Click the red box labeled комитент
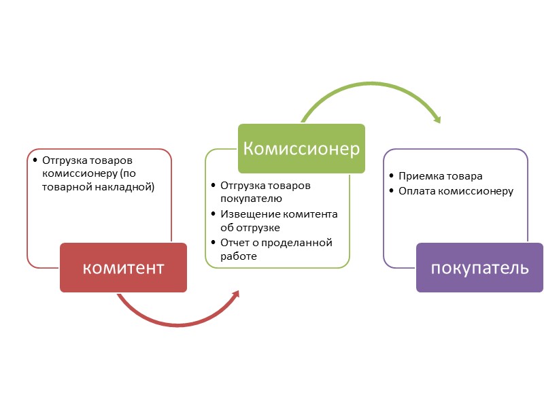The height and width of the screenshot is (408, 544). [123, 267]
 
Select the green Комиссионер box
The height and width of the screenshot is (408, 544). [301, 148]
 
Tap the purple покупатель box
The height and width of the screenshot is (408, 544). [479, 267]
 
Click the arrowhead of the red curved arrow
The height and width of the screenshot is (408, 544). [235, 293]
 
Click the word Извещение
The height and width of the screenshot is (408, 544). [248, 214]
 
